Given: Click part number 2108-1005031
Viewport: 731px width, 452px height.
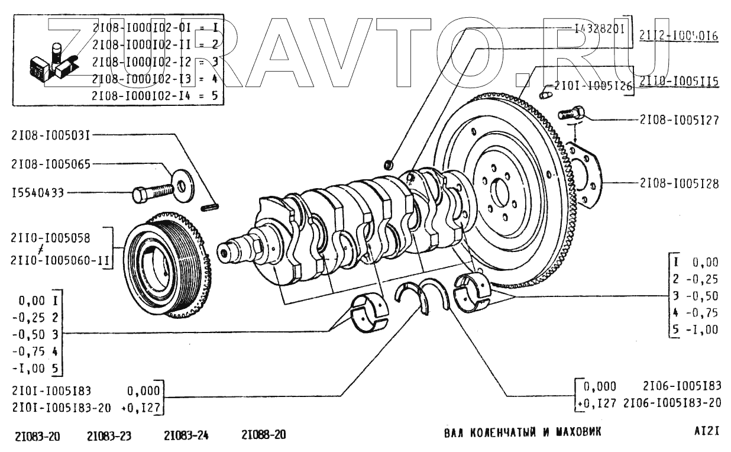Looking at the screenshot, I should pyautogui.click(x=50, y=135).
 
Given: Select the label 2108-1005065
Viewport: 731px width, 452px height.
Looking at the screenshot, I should pyautogui.click(x=50, y=164).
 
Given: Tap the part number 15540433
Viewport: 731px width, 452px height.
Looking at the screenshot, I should pyautogui.click(x=37, y=192).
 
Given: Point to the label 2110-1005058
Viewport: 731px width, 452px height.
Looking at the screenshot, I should pyautogui.click(x=50, y=238).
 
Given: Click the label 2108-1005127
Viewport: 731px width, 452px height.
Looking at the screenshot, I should pyautogui.click(x=679, y=120).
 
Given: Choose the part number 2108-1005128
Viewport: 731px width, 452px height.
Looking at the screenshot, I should pyautogui.click(x=679, y=184).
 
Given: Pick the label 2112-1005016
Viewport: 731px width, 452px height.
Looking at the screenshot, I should pyautogui.click(x=679, y=36).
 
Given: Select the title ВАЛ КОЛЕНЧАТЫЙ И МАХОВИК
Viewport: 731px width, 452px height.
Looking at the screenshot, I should pyautogui.click(x=522, y=432).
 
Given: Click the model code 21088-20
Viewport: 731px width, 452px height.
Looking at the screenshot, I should pyautogui.click(x=264, y=435).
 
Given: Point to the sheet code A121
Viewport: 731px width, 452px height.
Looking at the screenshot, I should pyautogui.click(x=707, y=431).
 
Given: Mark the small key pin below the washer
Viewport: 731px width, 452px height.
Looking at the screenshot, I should pyautogui.click(x=211, y=206).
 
